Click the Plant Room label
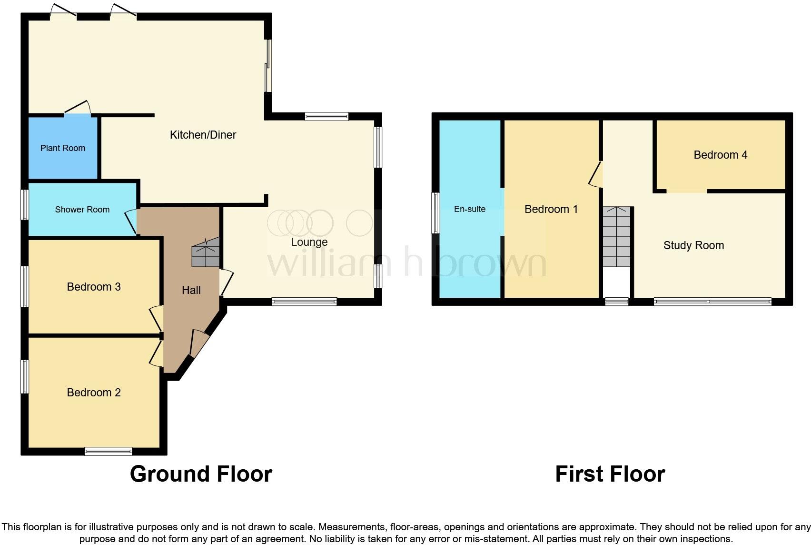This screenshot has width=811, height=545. click(x=63, y=148)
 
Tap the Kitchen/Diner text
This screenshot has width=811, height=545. click(x=203, y=135)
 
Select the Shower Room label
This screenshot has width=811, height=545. click(x=82, y=210)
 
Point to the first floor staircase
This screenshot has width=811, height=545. click(x=617, y=237)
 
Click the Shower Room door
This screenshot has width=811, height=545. click(x=131, y=222)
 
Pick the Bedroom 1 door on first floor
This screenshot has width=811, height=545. click(x=596, y=174)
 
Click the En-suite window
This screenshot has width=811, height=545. click(x=435, y=213)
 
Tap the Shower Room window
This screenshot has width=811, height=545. click(x=25, y=205)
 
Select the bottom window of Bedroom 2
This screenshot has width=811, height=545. click(x=108, y=451)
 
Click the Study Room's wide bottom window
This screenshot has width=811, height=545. click(x=712, y=302)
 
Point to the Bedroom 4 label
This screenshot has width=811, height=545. click(x=720, y=155)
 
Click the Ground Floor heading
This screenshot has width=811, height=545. click(x=201, y=474)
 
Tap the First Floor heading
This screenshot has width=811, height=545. click(x=610, y=474)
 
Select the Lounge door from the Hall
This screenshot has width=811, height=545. click(x=226, y=283)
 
